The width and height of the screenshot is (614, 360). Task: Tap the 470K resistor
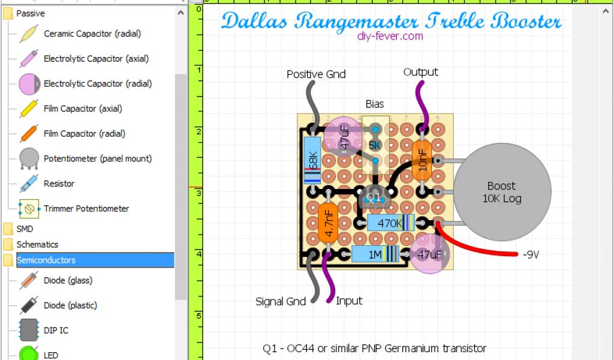pos(390,223)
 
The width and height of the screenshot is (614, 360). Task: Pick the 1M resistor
pos(376,254)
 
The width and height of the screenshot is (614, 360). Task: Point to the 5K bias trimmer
pos(375,145)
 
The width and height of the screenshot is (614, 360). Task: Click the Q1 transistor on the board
pos(374,196)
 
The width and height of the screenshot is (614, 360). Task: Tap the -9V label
pos(531,254)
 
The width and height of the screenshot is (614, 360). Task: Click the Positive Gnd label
pos(316,74)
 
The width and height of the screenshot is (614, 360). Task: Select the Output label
pos(420,72)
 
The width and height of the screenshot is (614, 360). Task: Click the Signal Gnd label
pos(281,301)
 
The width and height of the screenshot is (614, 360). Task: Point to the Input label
pos(349,301)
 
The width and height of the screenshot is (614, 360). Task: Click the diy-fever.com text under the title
pos(389,36)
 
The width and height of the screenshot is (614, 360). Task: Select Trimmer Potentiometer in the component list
pos(86,209)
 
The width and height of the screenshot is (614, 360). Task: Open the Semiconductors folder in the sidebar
pos(46,260)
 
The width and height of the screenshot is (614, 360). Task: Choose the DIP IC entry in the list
pos(56,330)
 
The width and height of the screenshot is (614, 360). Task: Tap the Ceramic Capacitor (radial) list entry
pos(92,34)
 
